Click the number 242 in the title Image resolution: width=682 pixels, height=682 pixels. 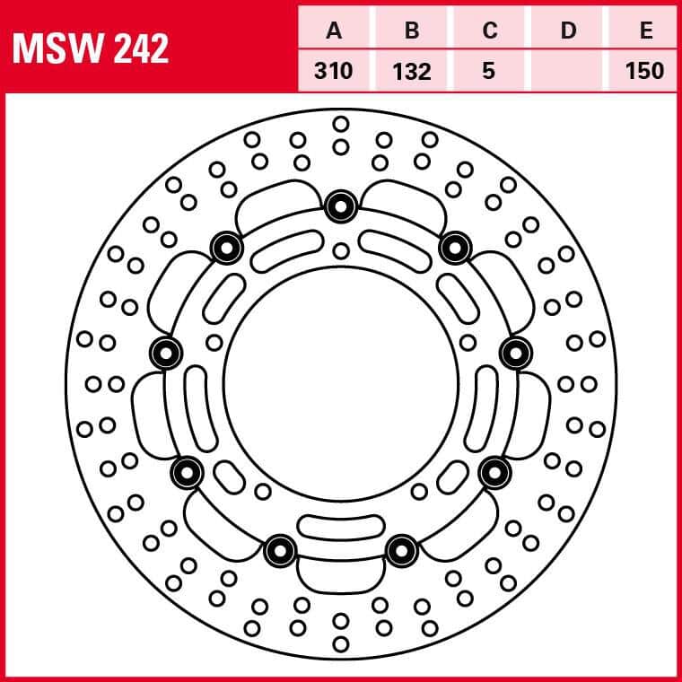coord(141,48)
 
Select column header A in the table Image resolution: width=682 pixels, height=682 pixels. coord(334,31)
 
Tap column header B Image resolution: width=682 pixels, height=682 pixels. coord(412,31)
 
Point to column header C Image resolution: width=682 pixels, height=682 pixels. coord(490,31)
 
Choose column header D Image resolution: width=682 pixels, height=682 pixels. coord(568,31)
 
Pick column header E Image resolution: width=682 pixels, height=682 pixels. coord(646,31)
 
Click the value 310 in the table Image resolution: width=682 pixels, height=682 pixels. coord(334,71)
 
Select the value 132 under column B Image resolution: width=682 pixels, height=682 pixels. coord(412,71)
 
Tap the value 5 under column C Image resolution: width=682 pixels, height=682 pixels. coord(489,71)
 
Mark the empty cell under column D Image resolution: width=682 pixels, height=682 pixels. coord(567,71)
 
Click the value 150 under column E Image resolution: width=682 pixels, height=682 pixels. coord(644,71)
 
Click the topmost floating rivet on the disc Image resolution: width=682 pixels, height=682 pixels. coord(341,206)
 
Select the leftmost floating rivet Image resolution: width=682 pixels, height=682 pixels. coord(166,354)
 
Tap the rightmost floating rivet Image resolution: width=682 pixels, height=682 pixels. coord(516,354)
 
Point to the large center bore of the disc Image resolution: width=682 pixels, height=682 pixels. coord(341,384)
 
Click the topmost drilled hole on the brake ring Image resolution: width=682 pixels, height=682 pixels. coord(341,124)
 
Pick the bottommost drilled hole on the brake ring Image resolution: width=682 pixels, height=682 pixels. coord(341,644)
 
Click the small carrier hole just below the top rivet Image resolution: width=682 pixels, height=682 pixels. coord(341,251)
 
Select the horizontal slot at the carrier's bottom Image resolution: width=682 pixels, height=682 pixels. coord(341,527)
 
